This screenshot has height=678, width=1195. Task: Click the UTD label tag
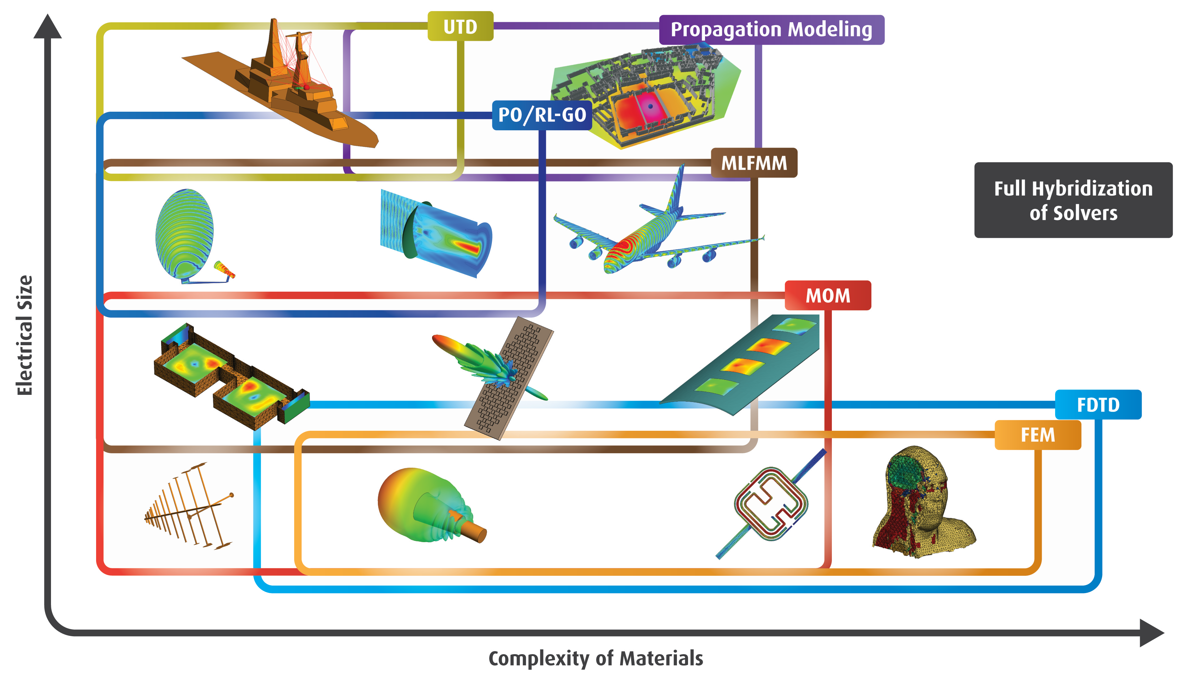[460, 26]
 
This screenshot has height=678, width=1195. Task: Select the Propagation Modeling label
[771, 30]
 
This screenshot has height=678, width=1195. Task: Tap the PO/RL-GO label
[542, 115]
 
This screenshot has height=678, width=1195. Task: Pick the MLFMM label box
[754, 163]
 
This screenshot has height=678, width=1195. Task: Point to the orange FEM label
[1037, 435]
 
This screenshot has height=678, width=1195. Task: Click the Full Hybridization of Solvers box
[1073, 200]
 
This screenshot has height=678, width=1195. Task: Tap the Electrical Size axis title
[24, 335]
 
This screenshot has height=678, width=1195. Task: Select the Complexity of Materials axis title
[596, 658]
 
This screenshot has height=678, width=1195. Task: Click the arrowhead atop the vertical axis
[47, 27]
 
